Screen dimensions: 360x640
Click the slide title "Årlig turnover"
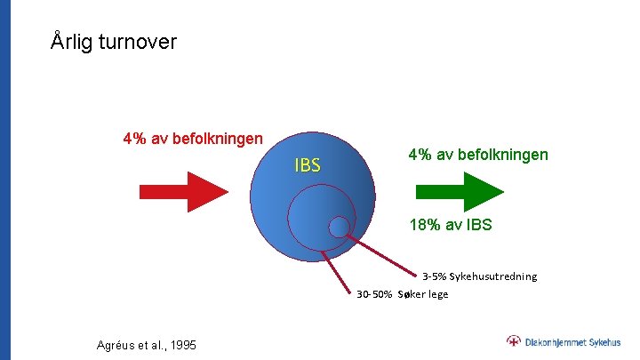pyautogui.click(x=114, y=42)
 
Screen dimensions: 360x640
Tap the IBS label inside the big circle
pyautogui.click(x=308, y=165)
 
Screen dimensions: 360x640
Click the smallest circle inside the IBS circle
pyautogui.click(x=339, y=228)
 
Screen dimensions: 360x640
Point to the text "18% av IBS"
pyautogui.click(x=450, y=225)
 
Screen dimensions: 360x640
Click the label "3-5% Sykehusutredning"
pyautogui.click(x=479, y=276)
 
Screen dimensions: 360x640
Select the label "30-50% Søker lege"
pyautogui.click(x=403, y=294)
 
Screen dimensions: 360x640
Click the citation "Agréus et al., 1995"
pyautogui.click(x=147, y=345)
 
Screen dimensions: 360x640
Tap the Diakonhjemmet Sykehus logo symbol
pyautogui.click(x=514, y=341)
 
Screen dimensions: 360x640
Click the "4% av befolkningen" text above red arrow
pyautogui.click(x=193, y=139)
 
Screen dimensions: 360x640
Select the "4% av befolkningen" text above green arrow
pyautogui.click(x=478, y=155)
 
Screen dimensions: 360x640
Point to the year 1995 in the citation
pyautogui.click(x=183, y=345)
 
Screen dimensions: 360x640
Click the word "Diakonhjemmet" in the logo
pyautogui.click(x=555, y=341)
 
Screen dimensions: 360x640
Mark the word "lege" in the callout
pyautogui.click(x=436, y=294)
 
